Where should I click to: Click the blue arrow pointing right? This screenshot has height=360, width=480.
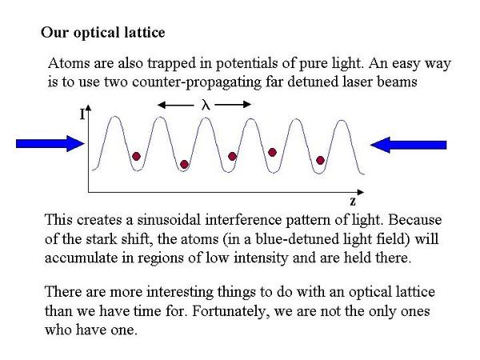coord(50,143)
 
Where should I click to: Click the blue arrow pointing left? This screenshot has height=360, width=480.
coord(408,145)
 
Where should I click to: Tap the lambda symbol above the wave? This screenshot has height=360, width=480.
coord(206,105)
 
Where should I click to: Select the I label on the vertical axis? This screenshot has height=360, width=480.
coord(82,114)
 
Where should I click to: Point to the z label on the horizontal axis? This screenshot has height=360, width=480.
coord(353,201)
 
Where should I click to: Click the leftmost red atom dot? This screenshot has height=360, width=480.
coord(136,157)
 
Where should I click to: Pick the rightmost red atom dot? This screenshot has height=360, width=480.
coord(320,160)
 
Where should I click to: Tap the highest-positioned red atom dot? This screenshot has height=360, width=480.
coord(272,152)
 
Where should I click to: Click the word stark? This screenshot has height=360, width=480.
coord(102,238)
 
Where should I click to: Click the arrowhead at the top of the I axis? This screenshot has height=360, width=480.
coord(89,107)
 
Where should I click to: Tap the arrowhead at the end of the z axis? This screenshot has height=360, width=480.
coord(361,192)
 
